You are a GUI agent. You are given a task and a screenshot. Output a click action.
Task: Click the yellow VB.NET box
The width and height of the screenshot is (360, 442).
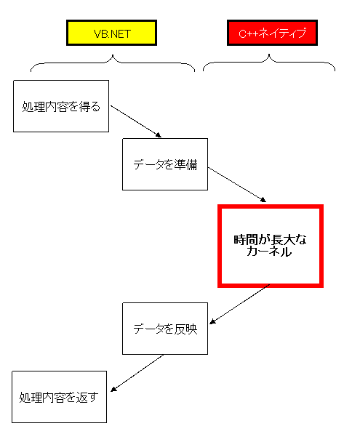[112, 33]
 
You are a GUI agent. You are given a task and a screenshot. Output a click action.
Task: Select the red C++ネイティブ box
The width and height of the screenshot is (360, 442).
[272, 33]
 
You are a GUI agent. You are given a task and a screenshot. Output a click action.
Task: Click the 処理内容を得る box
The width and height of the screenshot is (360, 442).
[61, 106]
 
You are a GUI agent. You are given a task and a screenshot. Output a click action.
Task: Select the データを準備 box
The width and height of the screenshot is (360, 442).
[165, 164]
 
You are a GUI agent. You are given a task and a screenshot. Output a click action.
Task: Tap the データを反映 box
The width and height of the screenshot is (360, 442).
[165, 329]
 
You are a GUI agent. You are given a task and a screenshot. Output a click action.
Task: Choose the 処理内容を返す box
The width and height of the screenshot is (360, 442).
[59, 397]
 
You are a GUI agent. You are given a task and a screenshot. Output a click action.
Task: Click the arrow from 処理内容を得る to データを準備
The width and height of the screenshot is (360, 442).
[136, 121]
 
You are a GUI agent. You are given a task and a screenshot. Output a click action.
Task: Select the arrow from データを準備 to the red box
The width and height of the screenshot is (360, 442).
[237, 185]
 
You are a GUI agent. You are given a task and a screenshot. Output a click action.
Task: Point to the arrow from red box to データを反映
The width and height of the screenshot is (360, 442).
[239, 304]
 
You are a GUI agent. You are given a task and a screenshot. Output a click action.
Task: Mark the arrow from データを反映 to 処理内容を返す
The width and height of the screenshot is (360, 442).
[137, 373]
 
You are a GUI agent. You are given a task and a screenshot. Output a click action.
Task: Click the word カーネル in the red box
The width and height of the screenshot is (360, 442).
[269, 252]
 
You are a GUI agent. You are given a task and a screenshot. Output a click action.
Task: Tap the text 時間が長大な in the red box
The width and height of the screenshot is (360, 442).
[270, 240]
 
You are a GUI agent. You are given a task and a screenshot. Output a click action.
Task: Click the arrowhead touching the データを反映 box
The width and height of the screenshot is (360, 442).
[212, 321]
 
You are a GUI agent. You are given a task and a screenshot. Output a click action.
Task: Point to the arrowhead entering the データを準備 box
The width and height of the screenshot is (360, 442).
[158, 135]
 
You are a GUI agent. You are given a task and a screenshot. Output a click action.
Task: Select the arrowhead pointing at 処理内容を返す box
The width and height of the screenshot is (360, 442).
[113, 389]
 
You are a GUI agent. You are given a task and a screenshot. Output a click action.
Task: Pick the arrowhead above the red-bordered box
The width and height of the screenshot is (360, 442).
[263, 200]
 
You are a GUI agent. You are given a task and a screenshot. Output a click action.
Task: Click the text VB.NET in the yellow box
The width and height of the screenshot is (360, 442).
[112, 34]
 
